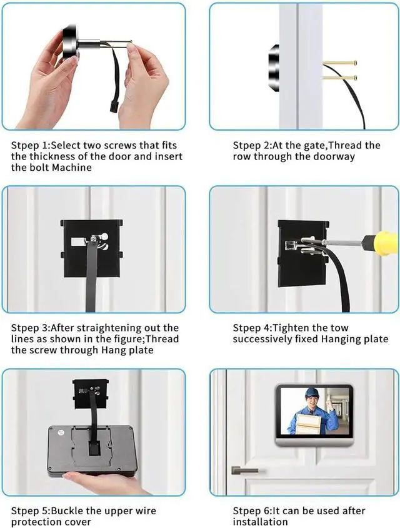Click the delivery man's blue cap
coord(311,393)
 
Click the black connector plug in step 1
coord(112,107)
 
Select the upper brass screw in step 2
coord(339,63)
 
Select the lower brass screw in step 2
coord(339,78)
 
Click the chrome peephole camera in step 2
coord(274,68)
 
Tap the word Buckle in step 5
coord(67,510)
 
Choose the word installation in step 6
coord(260,522)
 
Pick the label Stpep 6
coord(252,511)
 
